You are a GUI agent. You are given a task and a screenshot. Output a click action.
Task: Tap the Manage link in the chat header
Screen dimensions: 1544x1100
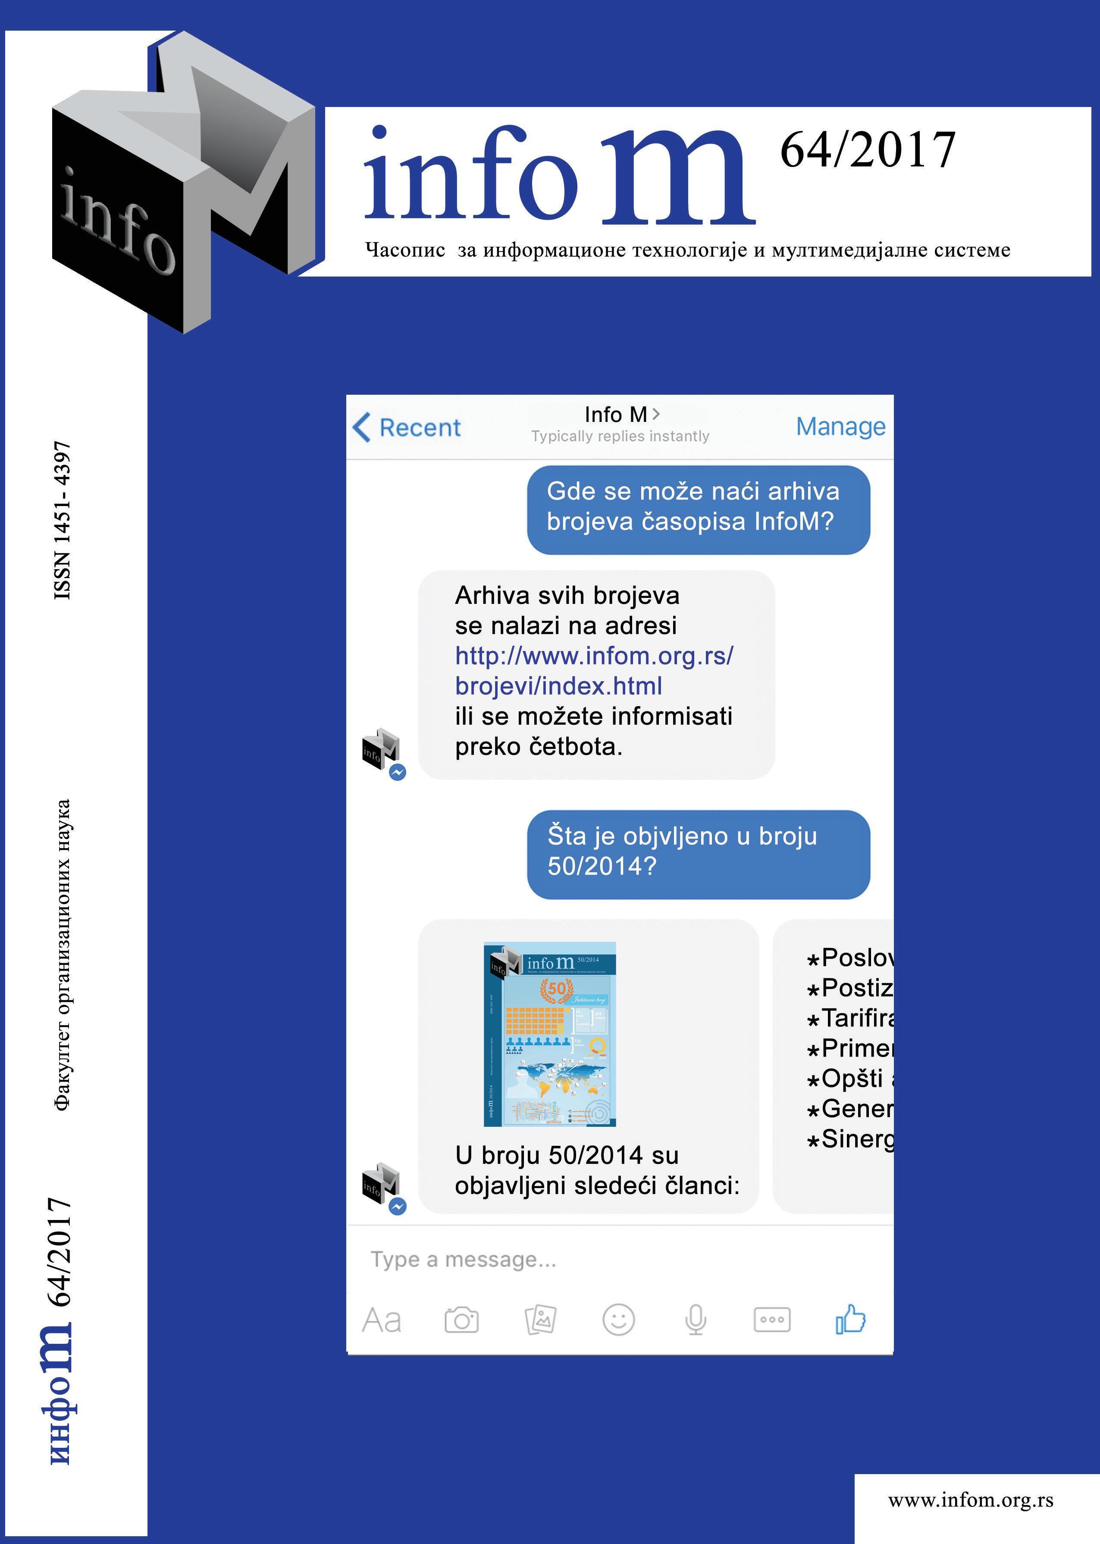(840, 426)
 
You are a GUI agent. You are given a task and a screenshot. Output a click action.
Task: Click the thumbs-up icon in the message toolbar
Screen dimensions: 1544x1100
(850, 1319)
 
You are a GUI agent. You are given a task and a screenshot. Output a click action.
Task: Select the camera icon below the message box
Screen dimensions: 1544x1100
(461, 1320)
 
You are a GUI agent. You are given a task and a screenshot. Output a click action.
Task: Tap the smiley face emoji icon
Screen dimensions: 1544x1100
(618, 1320)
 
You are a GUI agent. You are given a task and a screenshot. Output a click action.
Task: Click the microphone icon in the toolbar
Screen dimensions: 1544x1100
(696, 1320)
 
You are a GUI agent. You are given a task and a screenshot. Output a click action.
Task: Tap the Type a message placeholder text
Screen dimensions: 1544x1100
(463, 1259)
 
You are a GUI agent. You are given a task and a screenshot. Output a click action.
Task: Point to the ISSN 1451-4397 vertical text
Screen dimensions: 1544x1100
(63, 520)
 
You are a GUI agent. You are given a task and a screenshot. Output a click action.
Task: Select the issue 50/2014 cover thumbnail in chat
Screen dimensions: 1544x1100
(549, 1034)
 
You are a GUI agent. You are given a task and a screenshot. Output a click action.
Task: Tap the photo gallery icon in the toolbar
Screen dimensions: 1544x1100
(541, 1320)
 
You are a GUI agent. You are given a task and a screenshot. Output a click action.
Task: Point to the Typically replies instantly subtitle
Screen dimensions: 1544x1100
(620, 436)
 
